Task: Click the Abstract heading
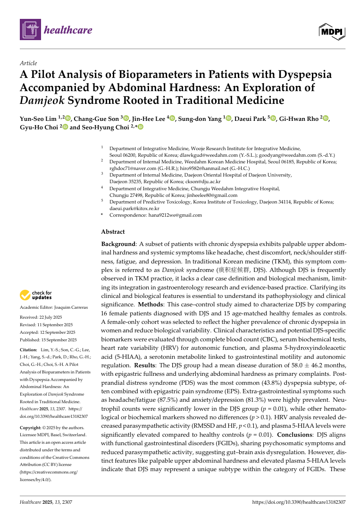pyautogui.click(x=113, y=232)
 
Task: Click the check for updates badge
pyautogui.click(x=36, y=296)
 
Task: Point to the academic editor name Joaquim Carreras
pyautogui.click(x=71, y=307)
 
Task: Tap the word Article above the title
pyautogui.click(x=28, y=63)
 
